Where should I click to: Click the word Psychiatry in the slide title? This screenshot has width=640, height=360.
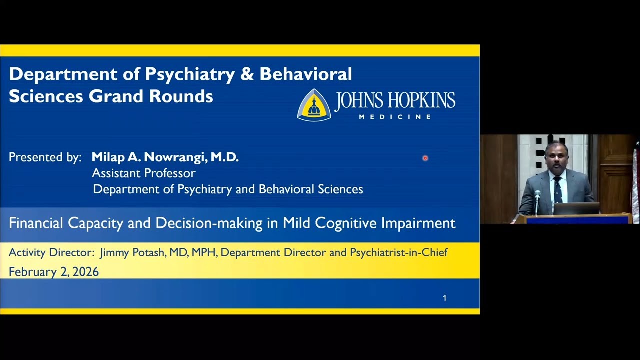(x=190, y=74)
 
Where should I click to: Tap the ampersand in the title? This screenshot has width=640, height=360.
(x=247, y=74)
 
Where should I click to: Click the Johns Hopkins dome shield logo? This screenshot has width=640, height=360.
(x=314, y=105)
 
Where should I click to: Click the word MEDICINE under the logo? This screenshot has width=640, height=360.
(x=395, y=117)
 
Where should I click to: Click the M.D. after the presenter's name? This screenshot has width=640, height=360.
(x=224, y=157)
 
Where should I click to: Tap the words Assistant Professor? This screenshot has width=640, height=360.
(x=143, y=173)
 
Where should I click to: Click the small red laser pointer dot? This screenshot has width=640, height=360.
(x=425, y=158)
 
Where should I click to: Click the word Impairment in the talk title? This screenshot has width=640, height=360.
(x=418, y=223)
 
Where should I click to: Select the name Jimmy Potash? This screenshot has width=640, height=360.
(x=133, y=253)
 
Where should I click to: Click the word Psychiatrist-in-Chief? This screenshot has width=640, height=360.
(x=398, y=253)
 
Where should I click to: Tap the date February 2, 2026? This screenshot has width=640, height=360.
(x=54, y=272)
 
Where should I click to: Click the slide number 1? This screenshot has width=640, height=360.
(x=444, y=298)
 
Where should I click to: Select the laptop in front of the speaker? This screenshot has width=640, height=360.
(x=576, y=208)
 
